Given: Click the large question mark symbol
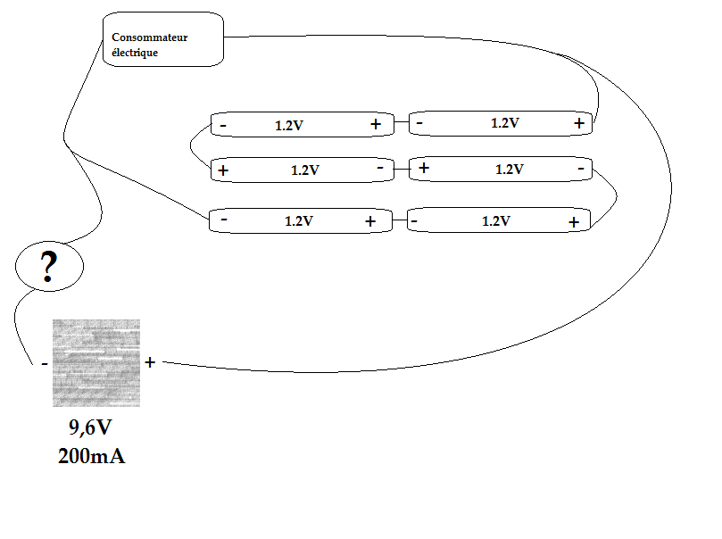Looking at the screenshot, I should [x=49, y=267].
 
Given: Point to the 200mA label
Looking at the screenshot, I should [x=91, y=456].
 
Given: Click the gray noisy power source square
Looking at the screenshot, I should [x=96, y=362].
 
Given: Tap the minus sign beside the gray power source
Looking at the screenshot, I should [x=44, y=364].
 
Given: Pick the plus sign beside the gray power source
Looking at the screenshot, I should [x=150, y=362].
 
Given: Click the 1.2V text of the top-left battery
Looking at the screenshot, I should [x=289, y=126].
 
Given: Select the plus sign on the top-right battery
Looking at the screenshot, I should [x=579, y=123].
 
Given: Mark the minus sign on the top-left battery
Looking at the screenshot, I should [x=222, y=126].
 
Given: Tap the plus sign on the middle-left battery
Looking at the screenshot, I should [x=223, y=170].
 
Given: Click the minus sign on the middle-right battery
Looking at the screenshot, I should [x=581, y=168].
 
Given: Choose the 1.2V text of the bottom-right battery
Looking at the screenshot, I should [x=496, y=221].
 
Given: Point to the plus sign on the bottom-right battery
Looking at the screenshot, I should [x=574, y=221].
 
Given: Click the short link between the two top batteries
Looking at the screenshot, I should [x=401, y=123].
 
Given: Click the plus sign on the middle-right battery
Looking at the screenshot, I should [x=424, y=167].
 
